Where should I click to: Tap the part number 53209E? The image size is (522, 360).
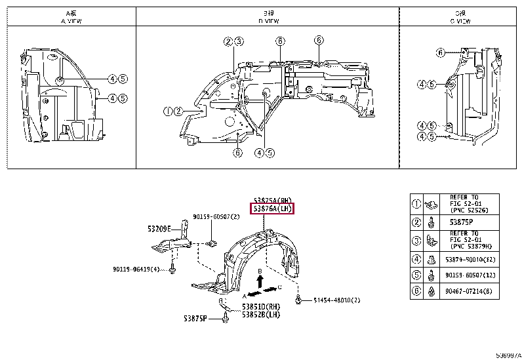[x=159, y=229]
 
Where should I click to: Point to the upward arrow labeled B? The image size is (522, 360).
[x=260, y=281]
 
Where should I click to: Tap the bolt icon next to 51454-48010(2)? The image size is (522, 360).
[x=299, y=300]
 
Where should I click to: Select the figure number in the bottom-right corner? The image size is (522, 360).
[x=508, y=355]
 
